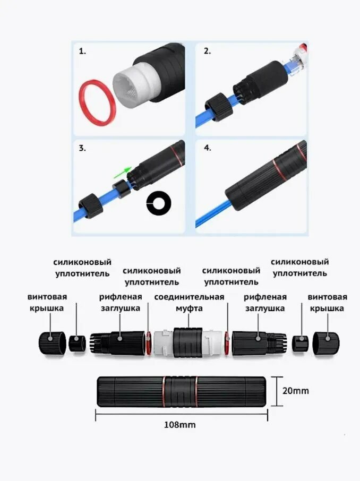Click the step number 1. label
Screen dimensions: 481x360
[x=82, y=51]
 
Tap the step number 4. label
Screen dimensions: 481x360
[x=207, y=148]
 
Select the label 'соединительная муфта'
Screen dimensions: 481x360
[x=189, y=302]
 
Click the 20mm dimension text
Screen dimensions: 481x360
[x=295, y=391]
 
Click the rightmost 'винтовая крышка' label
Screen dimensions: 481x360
[x=327, y=302]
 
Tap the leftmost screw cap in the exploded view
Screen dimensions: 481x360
[x=51, y=342]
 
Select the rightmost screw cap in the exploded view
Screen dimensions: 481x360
[x=326, y=342]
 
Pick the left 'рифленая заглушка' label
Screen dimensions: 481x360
[x=120, y=302]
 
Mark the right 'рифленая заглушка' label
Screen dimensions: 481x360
[x=265, y=302]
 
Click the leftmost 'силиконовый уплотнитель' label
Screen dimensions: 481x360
[x=82, y=268]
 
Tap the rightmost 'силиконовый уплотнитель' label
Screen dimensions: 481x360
[x=299, y=267]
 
